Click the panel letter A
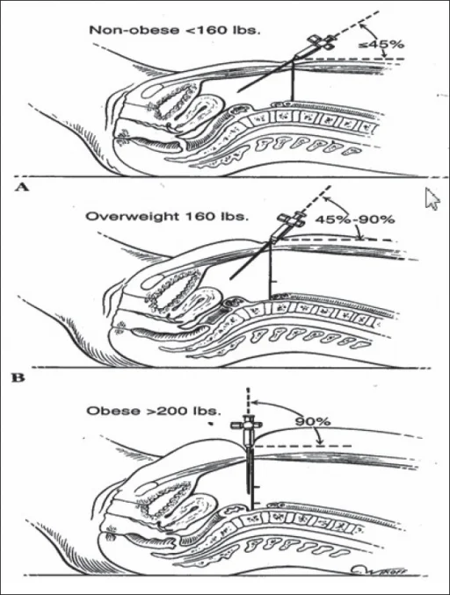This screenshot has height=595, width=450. (x=22, y=187)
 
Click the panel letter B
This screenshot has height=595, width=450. (x=18, y=378)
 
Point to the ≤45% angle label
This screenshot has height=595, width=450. (x=381, y=45)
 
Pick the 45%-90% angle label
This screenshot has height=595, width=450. (x=355, y=219)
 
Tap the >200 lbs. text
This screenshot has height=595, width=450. (x=183, y=411)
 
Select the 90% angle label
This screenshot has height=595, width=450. (x=313, y=421)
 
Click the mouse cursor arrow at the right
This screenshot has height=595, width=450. (x=432, y=198)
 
